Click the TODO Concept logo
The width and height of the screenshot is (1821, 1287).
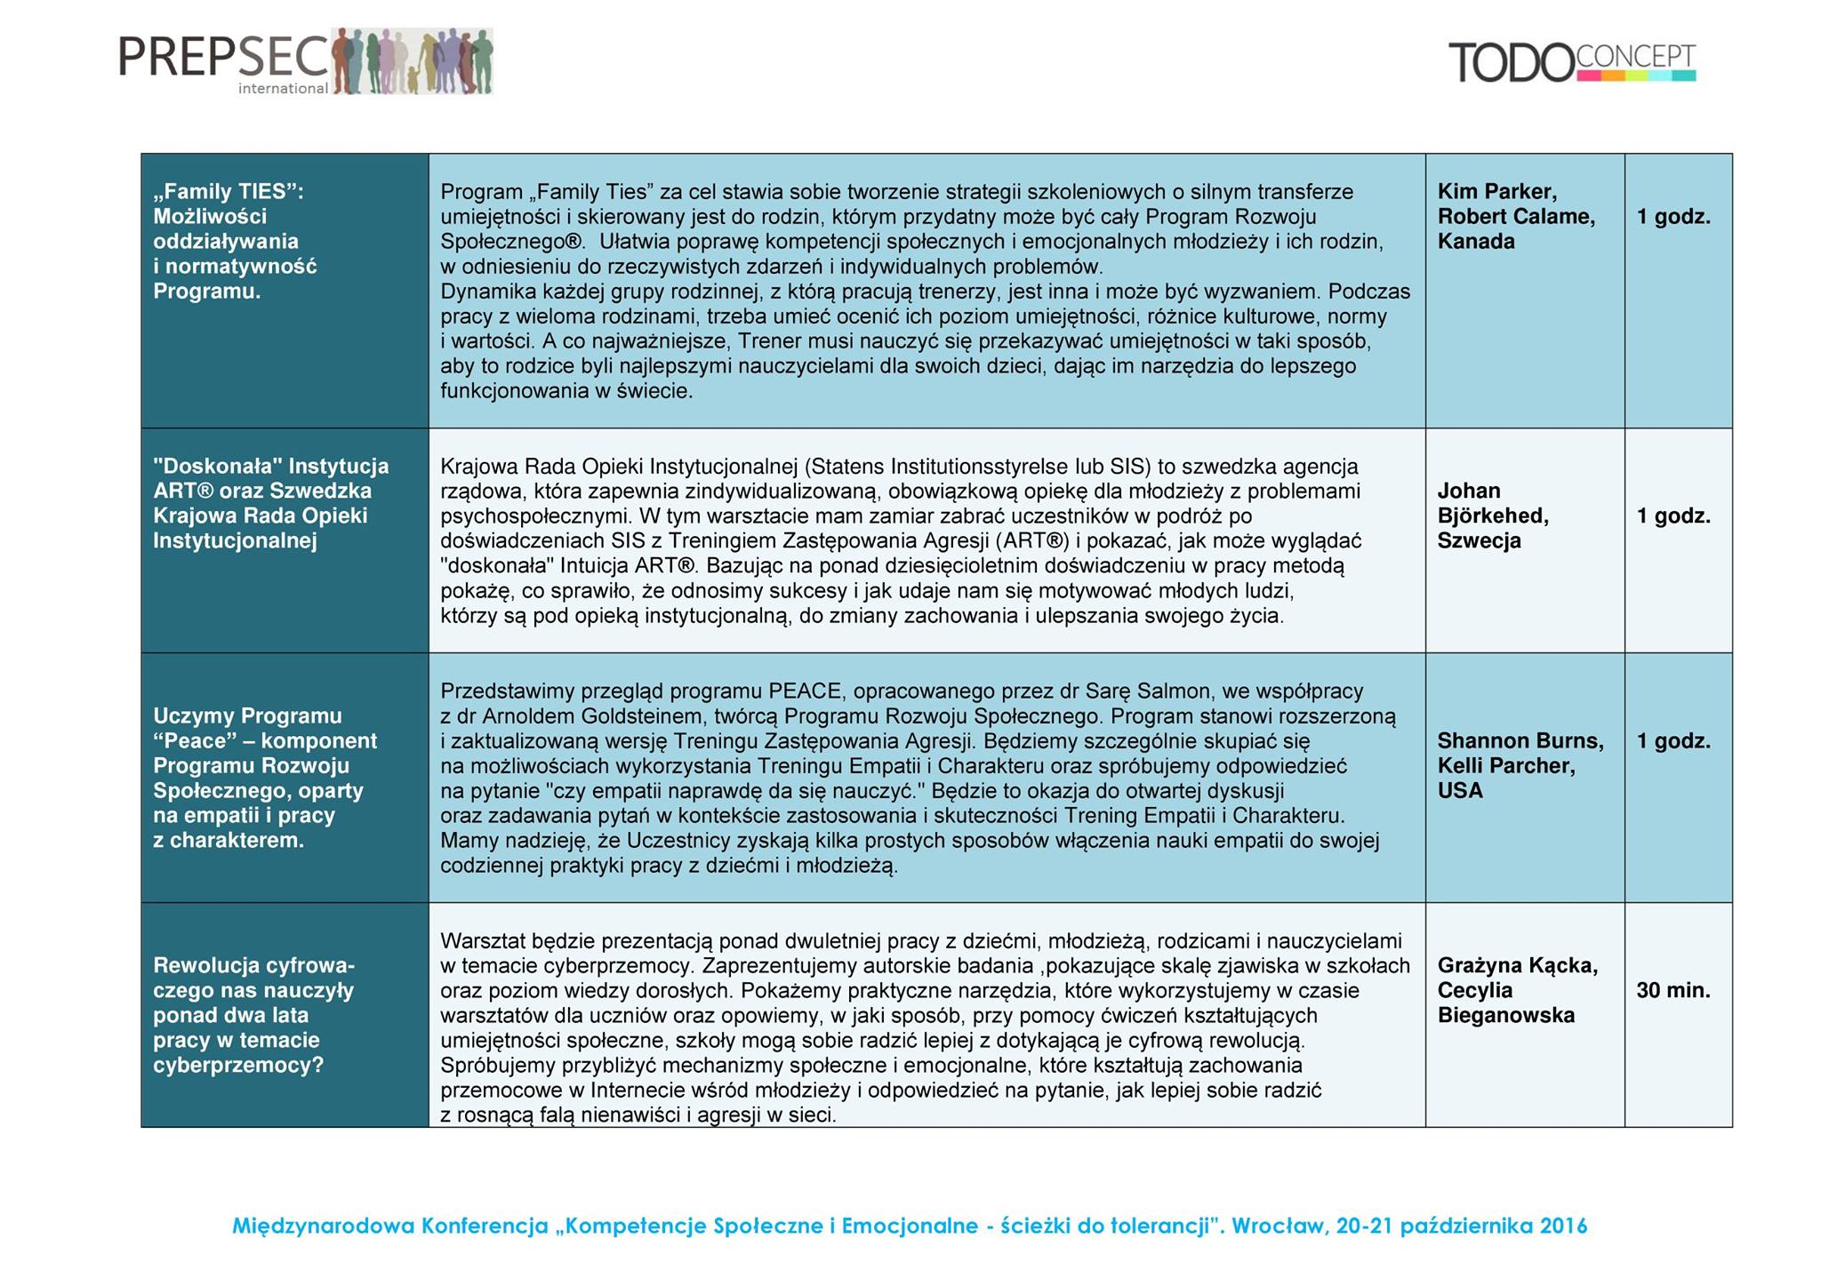(1572, 62)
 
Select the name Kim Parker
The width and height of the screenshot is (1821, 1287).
(1496, 192)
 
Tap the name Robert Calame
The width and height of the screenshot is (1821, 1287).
(1516, 217)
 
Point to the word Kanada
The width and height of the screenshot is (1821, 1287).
(1475, 242)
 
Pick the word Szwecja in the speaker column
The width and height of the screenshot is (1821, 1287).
(1479, 541)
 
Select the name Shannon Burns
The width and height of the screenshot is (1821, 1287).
(1520, 741)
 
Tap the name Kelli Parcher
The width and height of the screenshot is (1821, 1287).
(1505, 766)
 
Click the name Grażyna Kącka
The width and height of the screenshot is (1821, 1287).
(1517, 966)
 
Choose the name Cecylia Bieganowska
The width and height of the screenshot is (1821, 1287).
(1505, 1003)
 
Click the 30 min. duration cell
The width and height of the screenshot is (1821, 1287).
(1673, 991)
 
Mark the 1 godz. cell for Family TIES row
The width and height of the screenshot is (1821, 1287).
(1673, 217)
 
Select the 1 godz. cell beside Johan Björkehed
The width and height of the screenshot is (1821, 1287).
(1673, 516)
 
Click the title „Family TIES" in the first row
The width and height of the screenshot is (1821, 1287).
(228, 192)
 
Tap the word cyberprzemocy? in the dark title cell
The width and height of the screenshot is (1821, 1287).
(238, 1066)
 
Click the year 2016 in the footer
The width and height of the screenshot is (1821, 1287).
(1563, 1227)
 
